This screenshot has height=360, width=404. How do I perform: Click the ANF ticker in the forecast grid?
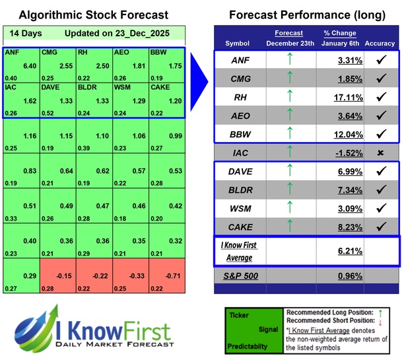point(12,51)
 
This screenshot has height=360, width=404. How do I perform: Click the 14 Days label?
point(24,33)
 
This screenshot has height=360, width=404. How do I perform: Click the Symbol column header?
point(238,44)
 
